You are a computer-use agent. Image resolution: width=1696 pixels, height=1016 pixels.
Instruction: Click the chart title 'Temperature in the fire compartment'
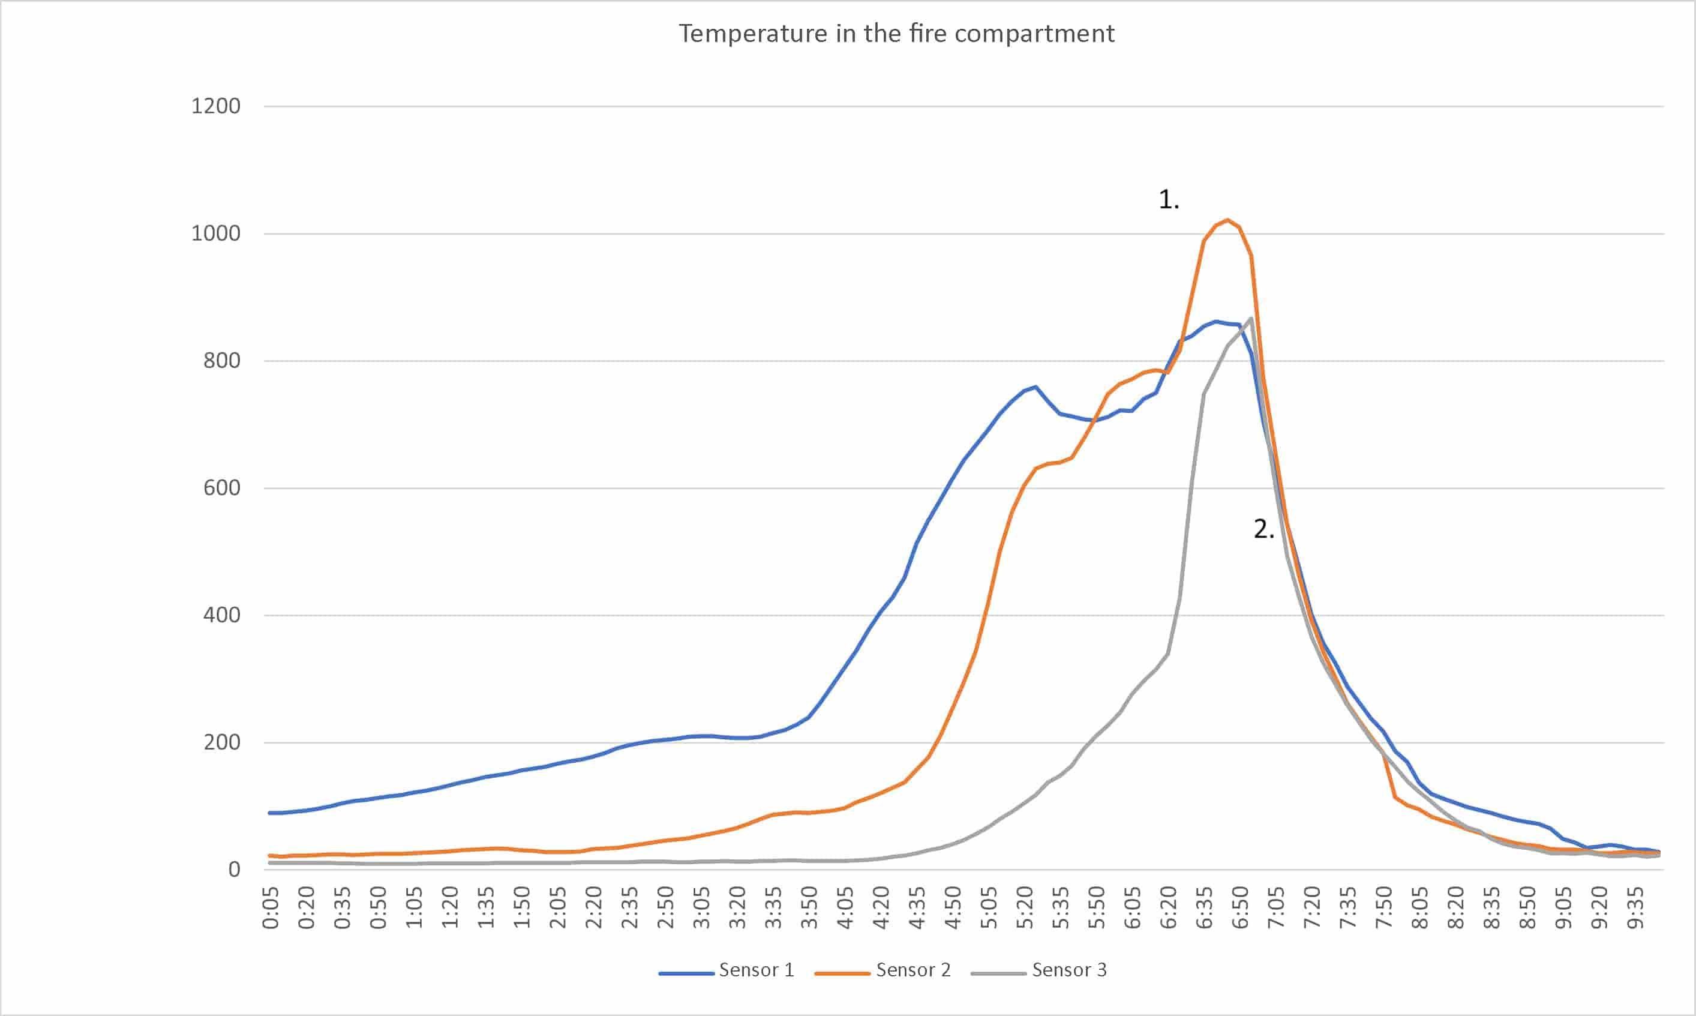click(896, 34)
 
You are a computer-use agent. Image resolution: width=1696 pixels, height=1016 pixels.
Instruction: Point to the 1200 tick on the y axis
click(215, 106)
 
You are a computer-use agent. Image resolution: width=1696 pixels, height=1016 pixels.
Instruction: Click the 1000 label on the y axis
click(215, 233)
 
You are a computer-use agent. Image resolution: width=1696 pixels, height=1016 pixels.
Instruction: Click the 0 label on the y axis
click(234, 870)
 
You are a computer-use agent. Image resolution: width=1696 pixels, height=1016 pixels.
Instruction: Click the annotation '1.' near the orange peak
click(1168, 200)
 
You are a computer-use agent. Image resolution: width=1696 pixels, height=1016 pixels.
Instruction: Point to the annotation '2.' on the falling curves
click(1263, 529)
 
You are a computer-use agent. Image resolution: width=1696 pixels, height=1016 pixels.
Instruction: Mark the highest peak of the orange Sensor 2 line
click(1227, 220)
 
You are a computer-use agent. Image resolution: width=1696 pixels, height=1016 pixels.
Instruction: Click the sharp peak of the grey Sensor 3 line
click(1251, 318)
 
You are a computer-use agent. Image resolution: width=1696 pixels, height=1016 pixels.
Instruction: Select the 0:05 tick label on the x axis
click(271, 908)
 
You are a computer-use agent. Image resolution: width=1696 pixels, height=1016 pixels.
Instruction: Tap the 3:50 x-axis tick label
click(810, 908)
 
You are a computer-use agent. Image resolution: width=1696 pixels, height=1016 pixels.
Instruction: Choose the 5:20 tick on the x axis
click(1025, 908)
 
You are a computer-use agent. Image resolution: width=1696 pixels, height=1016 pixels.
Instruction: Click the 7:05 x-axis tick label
click(1276, 908)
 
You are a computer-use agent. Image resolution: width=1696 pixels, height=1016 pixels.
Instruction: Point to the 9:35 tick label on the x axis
click(1635, 908)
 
